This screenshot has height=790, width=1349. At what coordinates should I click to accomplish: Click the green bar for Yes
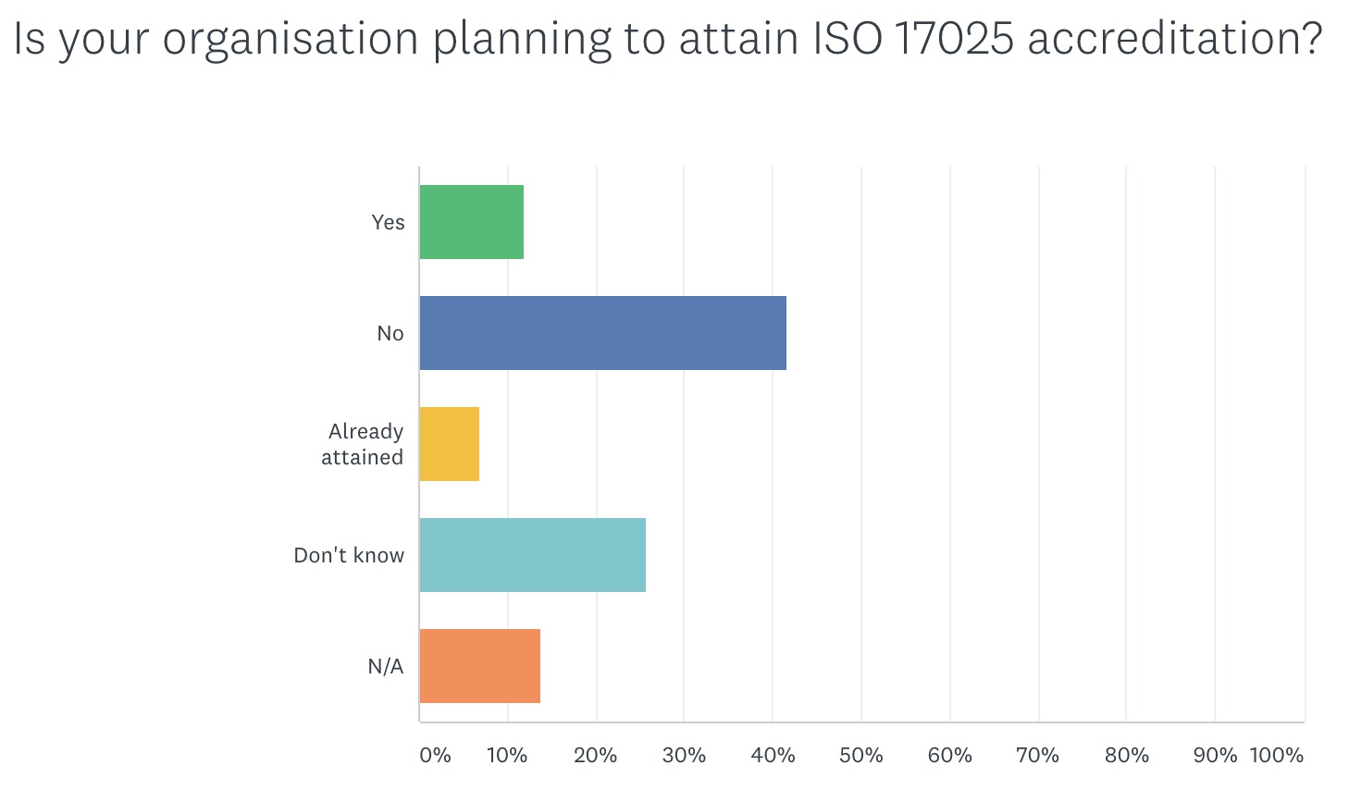point(472,222)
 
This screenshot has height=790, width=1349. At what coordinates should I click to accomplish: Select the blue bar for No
point(603,333)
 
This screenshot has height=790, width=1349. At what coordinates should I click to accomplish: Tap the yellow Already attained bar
point(450,444)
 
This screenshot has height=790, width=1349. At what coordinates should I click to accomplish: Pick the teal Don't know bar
point(533,555)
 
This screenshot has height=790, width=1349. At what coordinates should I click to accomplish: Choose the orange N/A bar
point(480,666)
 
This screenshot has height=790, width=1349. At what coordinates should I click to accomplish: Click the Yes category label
point(388,222)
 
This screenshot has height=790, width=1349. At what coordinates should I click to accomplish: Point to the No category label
point(390,333)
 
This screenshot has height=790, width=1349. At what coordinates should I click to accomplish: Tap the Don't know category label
point(349,555)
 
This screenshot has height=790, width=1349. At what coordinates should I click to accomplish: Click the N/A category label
point(386,666)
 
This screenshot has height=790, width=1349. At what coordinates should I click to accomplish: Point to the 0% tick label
point(435,755)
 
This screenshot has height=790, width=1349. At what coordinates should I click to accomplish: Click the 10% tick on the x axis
point(507,755)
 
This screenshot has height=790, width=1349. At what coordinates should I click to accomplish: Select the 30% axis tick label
point(684,755)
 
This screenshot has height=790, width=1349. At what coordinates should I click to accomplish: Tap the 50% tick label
point(860,755)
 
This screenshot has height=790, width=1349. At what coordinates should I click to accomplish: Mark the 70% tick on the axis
point(1037,755)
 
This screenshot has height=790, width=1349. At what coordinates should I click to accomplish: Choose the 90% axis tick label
point(1214,755)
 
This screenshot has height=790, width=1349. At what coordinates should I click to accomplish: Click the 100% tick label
point(1277,755)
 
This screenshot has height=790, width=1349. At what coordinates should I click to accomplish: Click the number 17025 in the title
point(954,39)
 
